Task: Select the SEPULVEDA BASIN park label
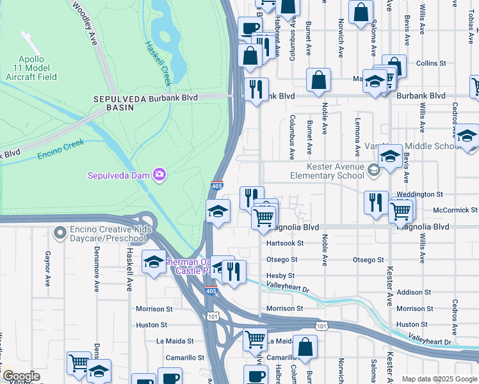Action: pos(113,103)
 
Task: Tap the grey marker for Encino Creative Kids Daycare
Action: pos(60,232)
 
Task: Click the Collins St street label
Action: pos(430,63)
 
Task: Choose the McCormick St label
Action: pos(455,210)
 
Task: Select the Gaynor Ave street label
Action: pos(47,269)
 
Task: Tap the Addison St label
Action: pos(414,292)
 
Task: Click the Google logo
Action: pos(21,376)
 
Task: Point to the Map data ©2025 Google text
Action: pos(439,378)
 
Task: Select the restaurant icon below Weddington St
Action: pos(375,202)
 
